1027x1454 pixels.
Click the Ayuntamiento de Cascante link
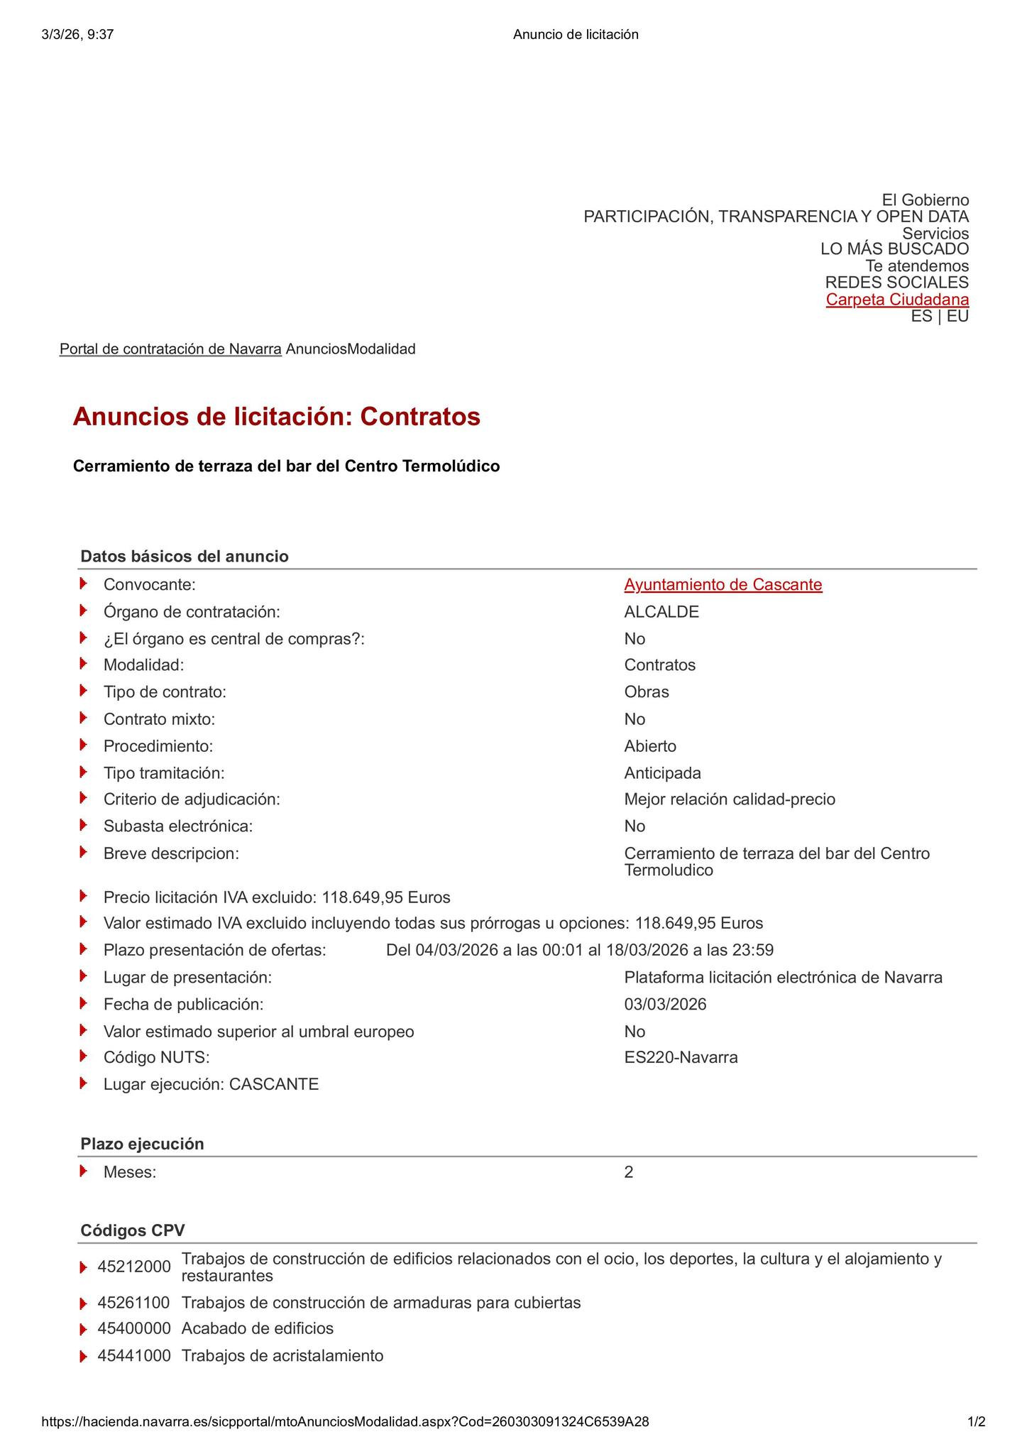coord(723,585)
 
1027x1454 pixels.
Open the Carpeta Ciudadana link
coord(897,300)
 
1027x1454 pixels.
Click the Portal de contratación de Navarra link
coord(170,349)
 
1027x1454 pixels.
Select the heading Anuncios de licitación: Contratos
coord(276,417)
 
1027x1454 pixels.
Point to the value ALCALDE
coord(661,612)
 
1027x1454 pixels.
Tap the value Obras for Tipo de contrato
coord(646,692)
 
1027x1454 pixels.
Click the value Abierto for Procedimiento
coord(650,746)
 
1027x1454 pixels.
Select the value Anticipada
coord(662,773)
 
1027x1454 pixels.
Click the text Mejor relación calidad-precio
coord(730,800)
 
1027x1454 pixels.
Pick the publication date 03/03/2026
coord(665,1005)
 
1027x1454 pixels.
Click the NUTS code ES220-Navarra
coord(681,1058)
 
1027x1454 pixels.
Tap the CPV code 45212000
coord(134,1267)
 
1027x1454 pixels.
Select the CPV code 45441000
coord(134,1356)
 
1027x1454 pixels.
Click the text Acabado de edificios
coord(257,1328)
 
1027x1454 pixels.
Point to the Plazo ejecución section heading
coord(142,1144)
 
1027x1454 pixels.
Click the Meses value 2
coord(629,1172)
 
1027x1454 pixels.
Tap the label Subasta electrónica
coord(177,826)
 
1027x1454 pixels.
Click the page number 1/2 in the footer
coord(977,1422)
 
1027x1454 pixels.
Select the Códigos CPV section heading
coord(132,1230)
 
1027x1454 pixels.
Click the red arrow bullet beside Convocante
coord(84,584)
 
